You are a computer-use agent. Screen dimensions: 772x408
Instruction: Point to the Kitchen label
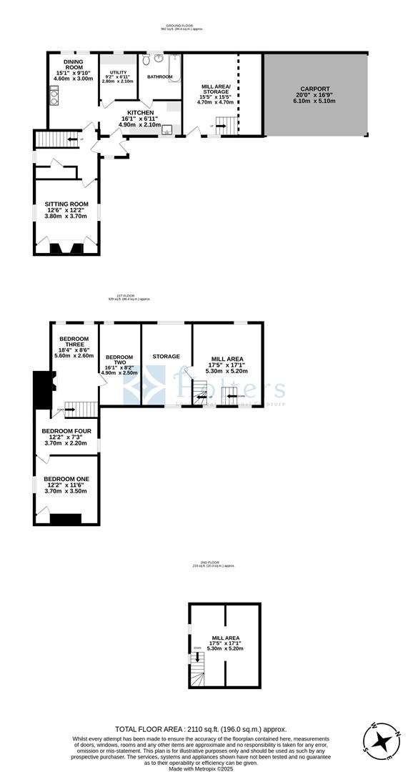pos(140,112)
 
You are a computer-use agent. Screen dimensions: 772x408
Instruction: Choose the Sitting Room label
pos(66,204)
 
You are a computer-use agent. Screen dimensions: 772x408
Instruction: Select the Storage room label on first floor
pos(166,356)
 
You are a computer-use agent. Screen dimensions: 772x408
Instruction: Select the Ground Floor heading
pos(180,26)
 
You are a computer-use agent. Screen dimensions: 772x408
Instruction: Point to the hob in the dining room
pos(54,94)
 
